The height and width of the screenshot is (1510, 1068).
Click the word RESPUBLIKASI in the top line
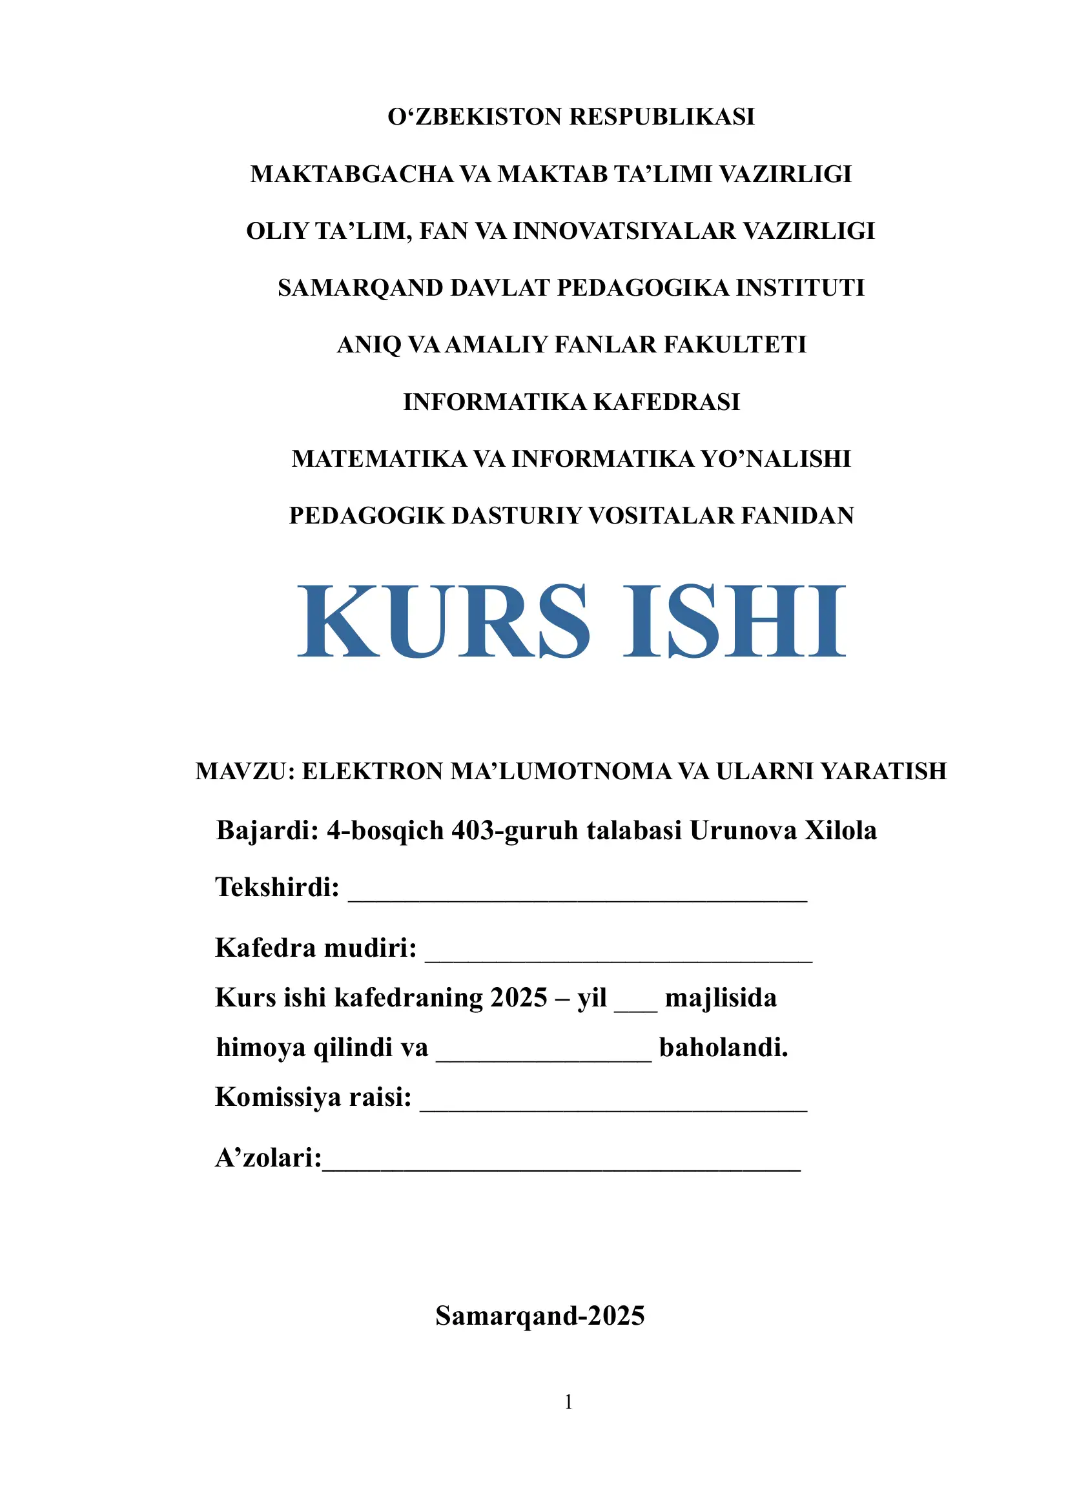662,117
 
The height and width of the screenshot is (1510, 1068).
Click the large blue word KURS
444,622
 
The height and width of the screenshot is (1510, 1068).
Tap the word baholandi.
723,1048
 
